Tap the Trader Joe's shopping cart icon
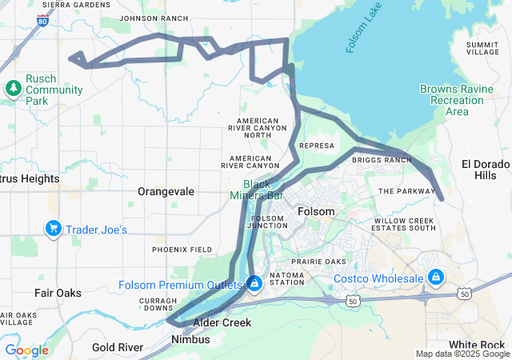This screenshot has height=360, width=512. pyautogui.click(x=54, y=230)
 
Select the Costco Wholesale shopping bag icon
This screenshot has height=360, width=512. pyautogui.click(x=436, y=278)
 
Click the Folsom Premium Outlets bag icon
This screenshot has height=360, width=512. pyautogui.click(x=254, y=284)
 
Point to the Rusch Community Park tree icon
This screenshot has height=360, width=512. pyautogui.click(x=13, y=87)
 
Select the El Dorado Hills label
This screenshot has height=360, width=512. pyautogui.click(x=485, y=170)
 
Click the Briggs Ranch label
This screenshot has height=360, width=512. pyautogui.click(x=381, y=160)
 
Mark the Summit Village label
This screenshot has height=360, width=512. pyautogui.click(x=482, y=47)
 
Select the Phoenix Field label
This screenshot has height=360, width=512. pyautogui.click(x=182, y=250)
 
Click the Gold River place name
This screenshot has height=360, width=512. pyautogui.click(x=118, y=347)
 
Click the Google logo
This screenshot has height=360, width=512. pyautogui.click(x=27, y=350)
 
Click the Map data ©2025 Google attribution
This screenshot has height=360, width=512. pyautogui.click(x=462, y=354)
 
